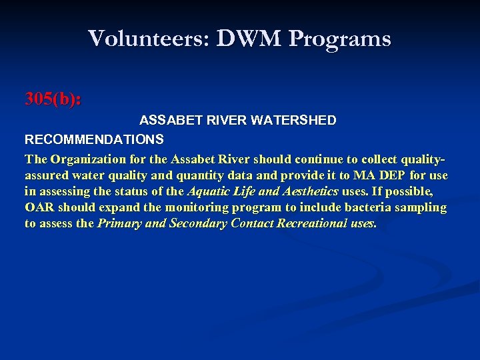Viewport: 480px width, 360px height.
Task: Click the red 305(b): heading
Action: pyautogui.click(x=53, y=99)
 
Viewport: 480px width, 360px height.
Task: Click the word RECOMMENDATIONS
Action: pyautogui.click(x=94, y=139)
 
